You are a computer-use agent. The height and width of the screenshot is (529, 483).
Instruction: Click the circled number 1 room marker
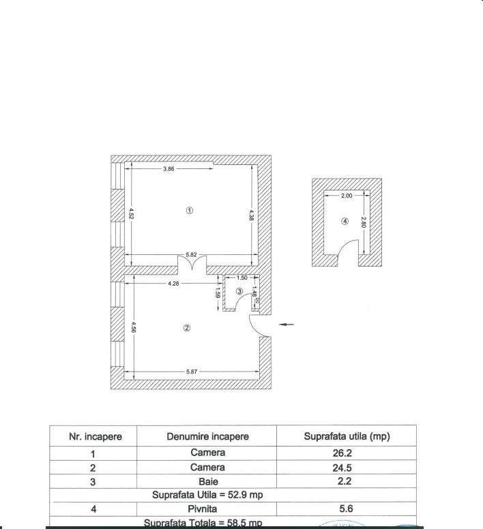pyautogui.click(x=190, y=210)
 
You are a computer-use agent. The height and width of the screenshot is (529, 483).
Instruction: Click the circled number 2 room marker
pyautogui.click(x=187, y=328)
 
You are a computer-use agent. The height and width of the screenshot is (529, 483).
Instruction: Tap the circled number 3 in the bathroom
pyautogui.click(x=239, y=292)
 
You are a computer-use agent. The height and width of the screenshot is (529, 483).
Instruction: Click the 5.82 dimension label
pyautogui.click(x=190, y=254)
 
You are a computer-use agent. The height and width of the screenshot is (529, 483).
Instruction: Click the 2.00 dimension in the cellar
pyautogui.click(x=347, y=196)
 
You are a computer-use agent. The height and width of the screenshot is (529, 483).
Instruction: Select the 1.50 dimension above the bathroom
pyautogui.click(x=242, y=278)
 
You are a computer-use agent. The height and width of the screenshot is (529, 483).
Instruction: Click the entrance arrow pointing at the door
pyautogui.click(x=287, y=324)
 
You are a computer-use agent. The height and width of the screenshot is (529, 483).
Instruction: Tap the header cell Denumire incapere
pyautogui.click(x=207, y=436)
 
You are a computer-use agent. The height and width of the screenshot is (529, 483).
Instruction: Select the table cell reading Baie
pyautogui.click(x=207, y=482)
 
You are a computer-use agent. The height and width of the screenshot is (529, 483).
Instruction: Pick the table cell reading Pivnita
pyautogui.click(x=207, y=509)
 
